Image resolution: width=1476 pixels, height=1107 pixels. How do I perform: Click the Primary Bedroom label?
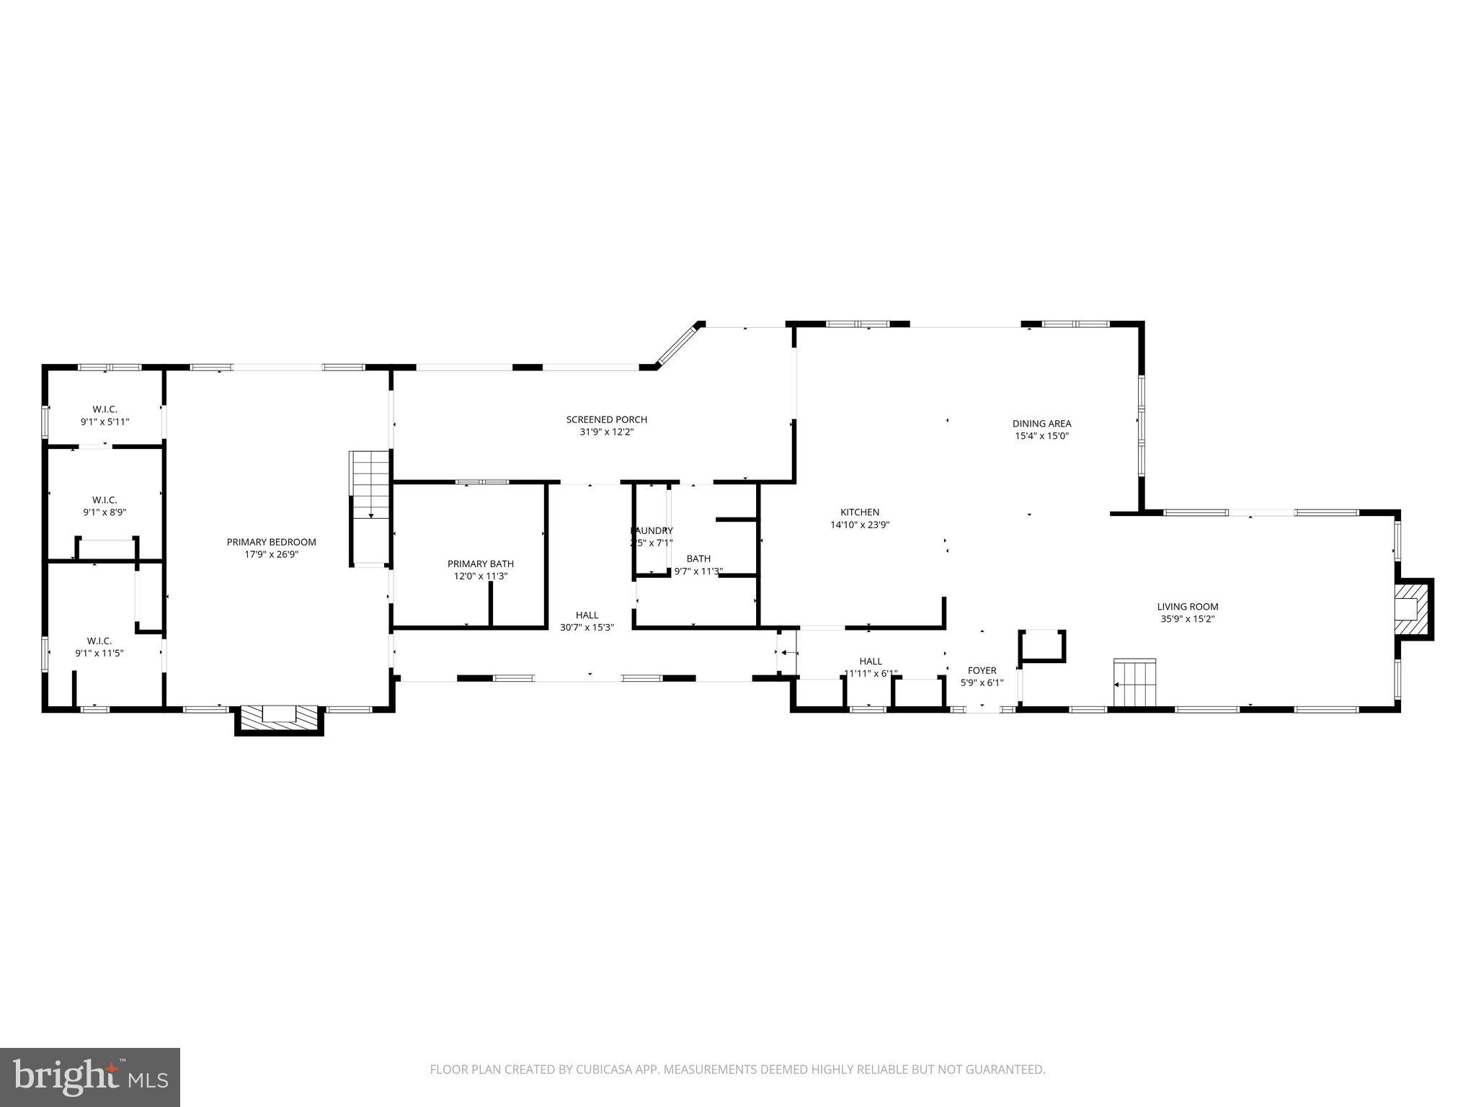[271, 542]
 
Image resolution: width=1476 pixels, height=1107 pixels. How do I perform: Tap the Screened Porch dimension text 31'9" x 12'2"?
[606, 432]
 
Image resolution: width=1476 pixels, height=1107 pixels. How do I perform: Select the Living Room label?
[1187, 607]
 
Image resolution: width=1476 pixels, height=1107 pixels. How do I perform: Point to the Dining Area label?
[1041, 424]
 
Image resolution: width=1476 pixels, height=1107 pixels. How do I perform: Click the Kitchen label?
[860, 512]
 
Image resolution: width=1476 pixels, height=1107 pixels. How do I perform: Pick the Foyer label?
[982, 670]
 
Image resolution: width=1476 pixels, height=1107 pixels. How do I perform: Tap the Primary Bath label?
[480, 564]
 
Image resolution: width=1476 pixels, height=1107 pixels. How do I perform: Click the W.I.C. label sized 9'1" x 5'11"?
[105, 409]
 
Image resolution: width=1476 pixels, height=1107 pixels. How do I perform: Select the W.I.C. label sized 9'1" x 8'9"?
[105, 500]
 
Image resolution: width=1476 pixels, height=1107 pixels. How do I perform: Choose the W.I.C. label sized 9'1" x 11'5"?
[99, 641]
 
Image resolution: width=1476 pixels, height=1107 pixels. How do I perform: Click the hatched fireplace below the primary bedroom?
[279, 718]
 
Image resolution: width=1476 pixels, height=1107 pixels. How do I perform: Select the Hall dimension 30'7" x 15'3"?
[587, 628]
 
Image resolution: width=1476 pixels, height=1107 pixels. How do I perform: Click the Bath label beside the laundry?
[698, 559]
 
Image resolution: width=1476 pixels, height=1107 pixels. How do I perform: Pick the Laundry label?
[652, 530]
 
